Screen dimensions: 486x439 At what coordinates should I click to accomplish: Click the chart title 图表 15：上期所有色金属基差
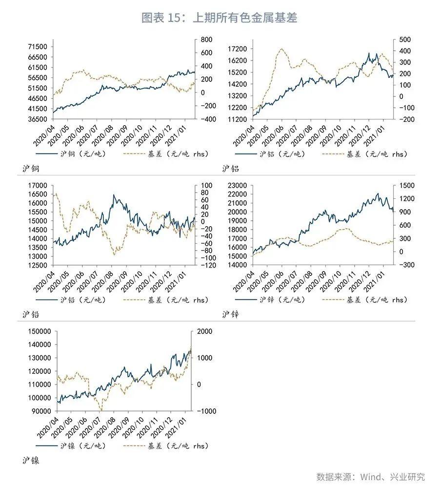[219, 18]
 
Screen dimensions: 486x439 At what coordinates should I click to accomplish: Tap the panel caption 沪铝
[230, 169]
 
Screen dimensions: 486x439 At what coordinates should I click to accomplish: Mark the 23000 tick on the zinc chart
[238, 186]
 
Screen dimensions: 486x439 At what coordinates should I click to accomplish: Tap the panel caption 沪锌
[230, 314]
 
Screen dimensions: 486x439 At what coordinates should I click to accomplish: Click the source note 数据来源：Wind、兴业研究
[370, 476]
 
